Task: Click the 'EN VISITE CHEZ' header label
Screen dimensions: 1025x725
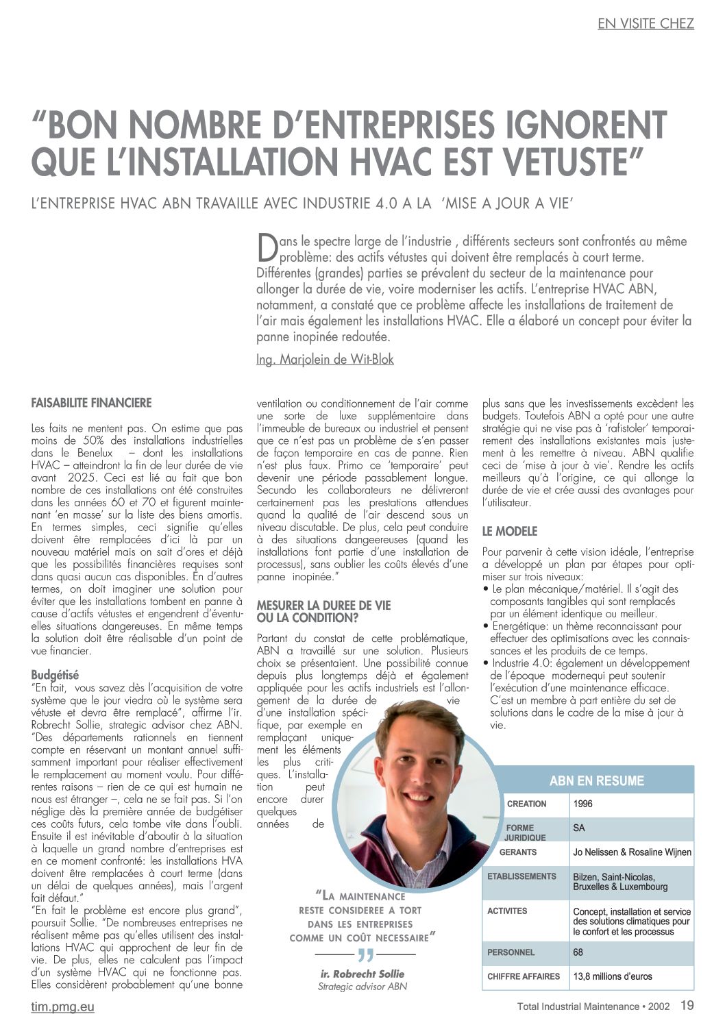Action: [646, 24]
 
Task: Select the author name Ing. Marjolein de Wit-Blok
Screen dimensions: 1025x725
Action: [325, 359]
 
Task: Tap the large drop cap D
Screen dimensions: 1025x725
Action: [267, 247]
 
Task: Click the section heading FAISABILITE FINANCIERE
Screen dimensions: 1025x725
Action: [91, 403]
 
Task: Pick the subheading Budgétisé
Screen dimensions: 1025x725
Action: [55, 675]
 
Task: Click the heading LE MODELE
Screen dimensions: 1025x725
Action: [510, 531]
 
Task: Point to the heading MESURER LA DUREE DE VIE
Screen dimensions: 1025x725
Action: [323, 606]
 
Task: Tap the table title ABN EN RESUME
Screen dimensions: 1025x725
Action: [596, 781]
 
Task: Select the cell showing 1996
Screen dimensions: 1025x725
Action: [582, 804]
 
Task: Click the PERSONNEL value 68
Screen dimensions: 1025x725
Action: [578, 952]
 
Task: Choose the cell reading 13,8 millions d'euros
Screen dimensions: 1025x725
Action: [613, 976]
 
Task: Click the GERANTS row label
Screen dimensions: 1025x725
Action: [518, 852]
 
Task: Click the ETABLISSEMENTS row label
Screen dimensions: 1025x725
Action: [521, 876]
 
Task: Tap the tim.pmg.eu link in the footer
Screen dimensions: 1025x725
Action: [62, 1007]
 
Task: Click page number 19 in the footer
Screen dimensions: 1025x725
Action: [687, 1006]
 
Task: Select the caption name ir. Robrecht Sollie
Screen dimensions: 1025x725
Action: [362, 974]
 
